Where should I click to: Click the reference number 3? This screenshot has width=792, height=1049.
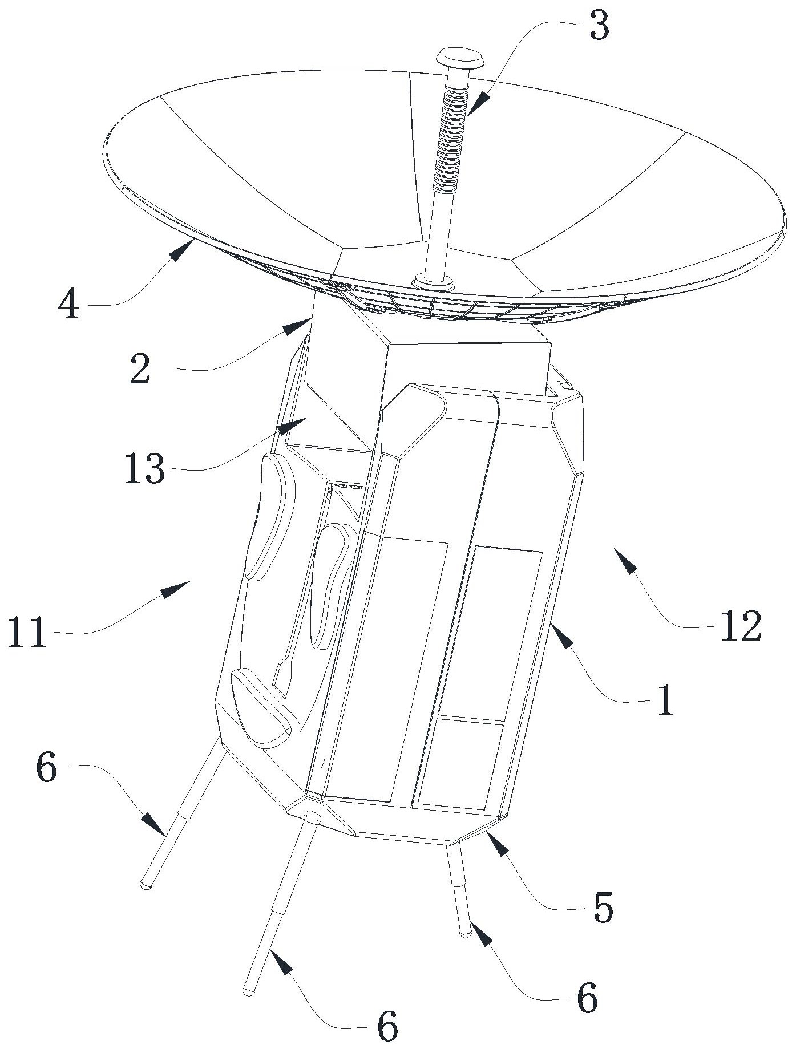[x=598, y=27]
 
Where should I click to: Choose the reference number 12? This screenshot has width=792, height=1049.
[x=741, y=626]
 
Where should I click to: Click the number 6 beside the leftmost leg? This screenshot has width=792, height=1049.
[x=46, y=768]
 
